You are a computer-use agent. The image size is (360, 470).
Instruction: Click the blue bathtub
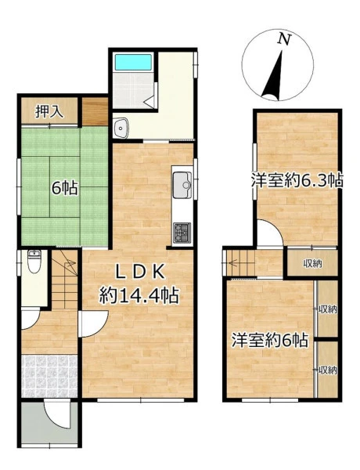[133, 62]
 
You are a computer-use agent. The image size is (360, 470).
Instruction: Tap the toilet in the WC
[34, 262]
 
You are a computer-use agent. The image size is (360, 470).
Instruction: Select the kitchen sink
[182, 185]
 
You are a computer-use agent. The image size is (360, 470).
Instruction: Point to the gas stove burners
[182, 233]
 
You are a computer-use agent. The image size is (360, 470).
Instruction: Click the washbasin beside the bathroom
[121, 128]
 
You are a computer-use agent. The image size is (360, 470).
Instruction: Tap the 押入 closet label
[49, 111]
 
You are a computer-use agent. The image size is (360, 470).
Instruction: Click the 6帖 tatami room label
[65, 189]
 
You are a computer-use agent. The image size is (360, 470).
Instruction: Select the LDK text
[140, 273]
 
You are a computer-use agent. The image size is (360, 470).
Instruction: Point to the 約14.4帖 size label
[139, 295]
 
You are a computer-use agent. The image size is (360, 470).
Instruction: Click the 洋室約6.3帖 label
[297, 180]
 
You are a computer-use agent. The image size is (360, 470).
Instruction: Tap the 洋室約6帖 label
[270, 340]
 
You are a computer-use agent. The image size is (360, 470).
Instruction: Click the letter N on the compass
[285, 39]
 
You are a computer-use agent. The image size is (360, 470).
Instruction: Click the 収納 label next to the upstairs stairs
[313, 264]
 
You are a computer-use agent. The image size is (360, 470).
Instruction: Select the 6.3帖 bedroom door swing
[270, 233]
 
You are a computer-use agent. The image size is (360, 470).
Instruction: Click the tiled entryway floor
[50, 377]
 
